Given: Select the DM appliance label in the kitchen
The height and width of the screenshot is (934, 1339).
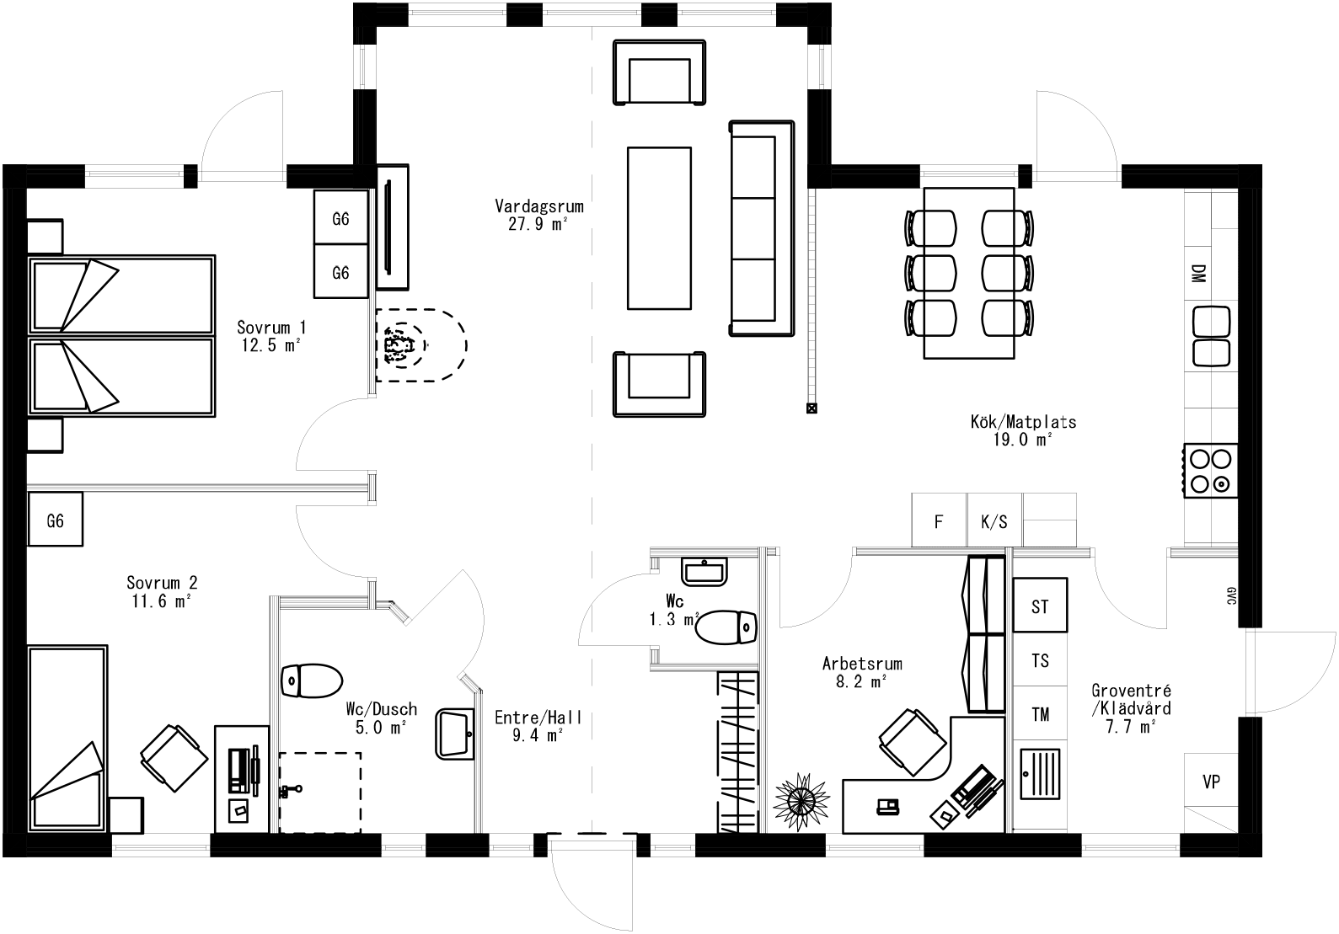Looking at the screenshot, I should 1197,274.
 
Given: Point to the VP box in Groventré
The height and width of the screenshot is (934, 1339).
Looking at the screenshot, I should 1211,782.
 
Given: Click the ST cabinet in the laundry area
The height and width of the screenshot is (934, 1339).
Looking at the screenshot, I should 1040,606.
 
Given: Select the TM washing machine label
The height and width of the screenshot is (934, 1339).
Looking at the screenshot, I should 1040,714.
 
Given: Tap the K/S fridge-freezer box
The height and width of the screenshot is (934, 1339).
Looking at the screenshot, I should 994,521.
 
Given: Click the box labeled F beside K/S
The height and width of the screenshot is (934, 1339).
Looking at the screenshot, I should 939,521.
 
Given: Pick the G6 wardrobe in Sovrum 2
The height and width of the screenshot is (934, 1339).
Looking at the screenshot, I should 55,520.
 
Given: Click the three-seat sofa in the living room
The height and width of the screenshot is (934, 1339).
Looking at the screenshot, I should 761,229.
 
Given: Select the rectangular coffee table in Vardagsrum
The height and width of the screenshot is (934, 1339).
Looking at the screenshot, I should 659,228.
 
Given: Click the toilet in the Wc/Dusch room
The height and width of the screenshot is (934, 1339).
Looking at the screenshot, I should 312,680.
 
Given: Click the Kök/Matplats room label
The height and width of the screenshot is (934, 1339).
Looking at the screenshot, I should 1023,430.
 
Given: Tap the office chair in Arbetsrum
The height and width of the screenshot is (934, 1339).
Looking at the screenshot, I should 912,741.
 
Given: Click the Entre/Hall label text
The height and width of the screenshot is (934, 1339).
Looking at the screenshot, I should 538,725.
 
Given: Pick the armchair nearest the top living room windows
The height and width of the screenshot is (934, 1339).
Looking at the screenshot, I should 659,72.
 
